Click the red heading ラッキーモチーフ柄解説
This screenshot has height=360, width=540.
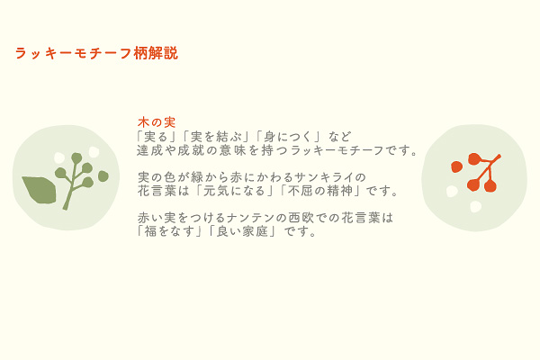(x=96, y=53)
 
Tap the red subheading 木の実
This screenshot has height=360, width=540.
(x=157, y=122)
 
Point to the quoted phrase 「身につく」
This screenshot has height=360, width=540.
(x=289, y=137)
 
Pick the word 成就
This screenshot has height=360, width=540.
(x=191, y=150)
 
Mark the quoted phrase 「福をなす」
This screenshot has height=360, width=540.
(x=170, y=231)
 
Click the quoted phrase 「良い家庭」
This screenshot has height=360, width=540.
(x=242, y=231)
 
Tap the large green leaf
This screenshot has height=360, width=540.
(x=40, y=189)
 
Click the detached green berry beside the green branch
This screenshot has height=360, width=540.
(x=103, y=176)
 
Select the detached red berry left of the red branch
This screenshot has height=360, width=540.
(x=456, y=166)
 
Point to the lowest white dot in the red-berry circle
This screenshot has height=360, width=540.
(x=475, y=206)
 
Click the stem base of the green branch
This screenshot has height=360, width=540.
(x=65, y=208)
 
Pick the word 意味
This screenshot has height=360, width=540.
(x=233, y=150)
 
